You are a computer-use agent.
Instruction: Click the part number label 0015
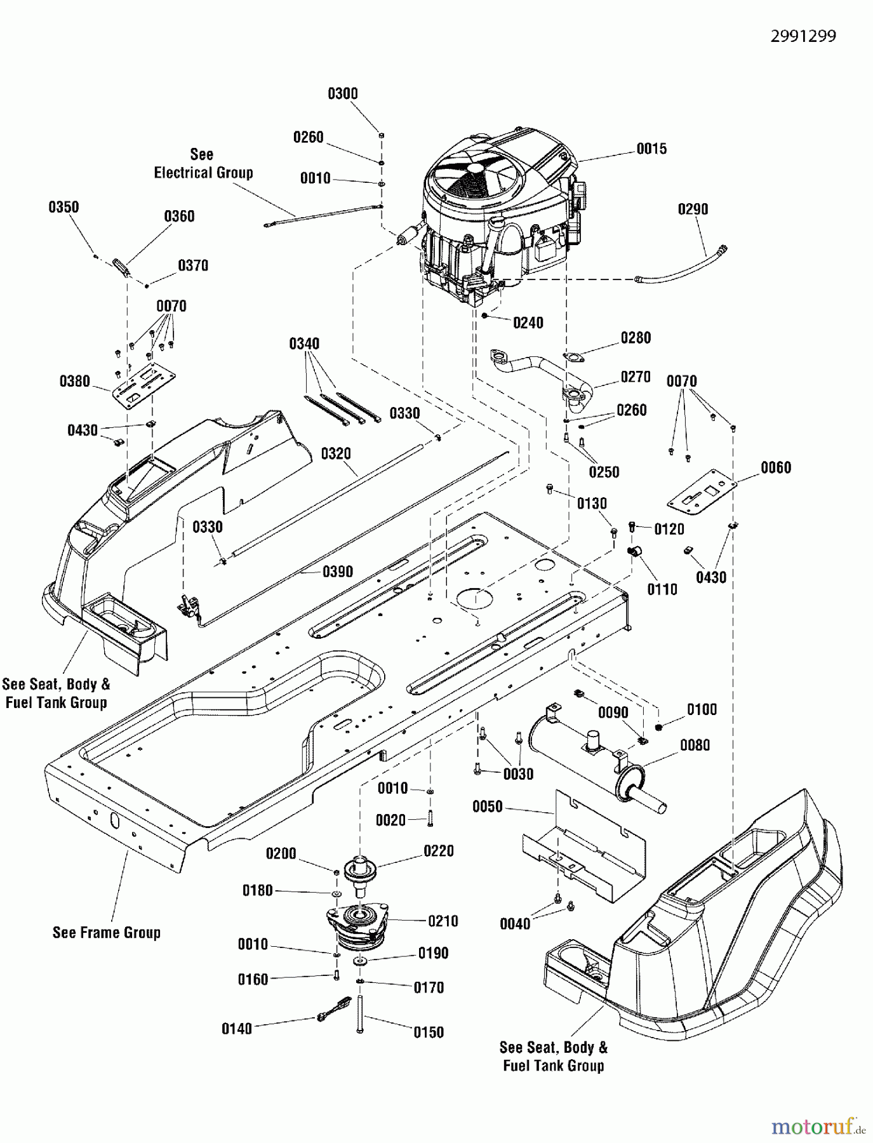(x=651, y=149)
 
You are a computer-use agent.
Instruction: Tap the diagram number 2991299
(x=803, y=36)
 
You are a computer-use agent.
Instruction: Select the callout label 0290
(x=693, y=209)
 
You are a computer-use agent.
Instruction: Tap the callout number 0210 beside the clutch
(x=443, y=921)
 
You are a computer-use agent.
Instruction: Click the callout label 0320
(x=336, y=453)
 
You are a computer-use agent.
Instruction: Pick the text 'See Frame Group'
(x=106, y=932)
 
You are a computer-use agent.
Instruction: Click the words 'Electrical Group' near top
(x=203, y=173)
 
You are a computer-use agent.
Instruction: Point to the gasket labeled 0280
(x=574, y=359)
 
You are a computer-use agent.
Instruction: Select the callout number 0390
(x=337, y=571)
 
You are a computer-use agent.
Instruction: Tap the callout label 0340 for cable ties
(x=304, y=344)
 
